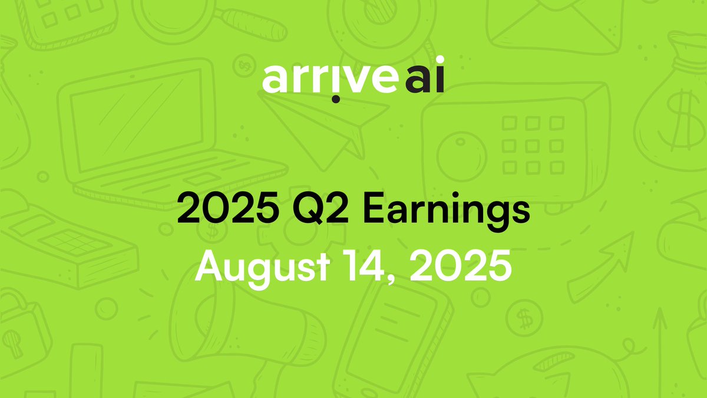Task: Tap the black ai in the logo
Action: pos(424,81)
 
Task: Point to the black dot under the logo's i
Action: pos(335,98)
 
